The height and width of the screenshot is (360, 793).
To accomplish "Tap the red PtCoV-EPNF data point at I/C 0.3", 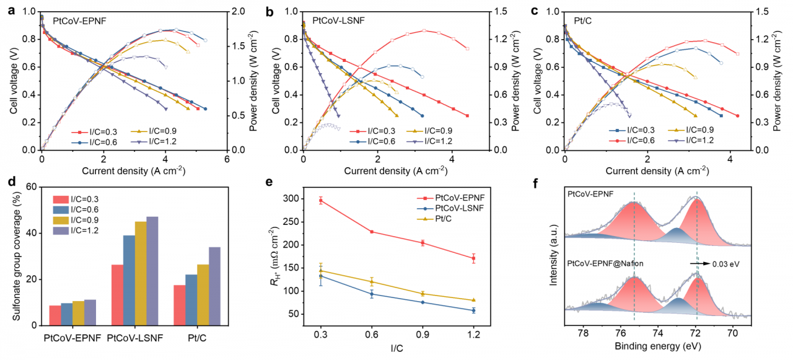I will [321, 200].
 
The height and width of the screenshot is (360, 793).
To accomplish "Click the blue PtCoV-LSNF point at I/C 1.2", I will [473, 310].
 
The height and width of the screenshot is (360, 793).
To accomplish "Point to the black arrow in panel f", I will [701, 263].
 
